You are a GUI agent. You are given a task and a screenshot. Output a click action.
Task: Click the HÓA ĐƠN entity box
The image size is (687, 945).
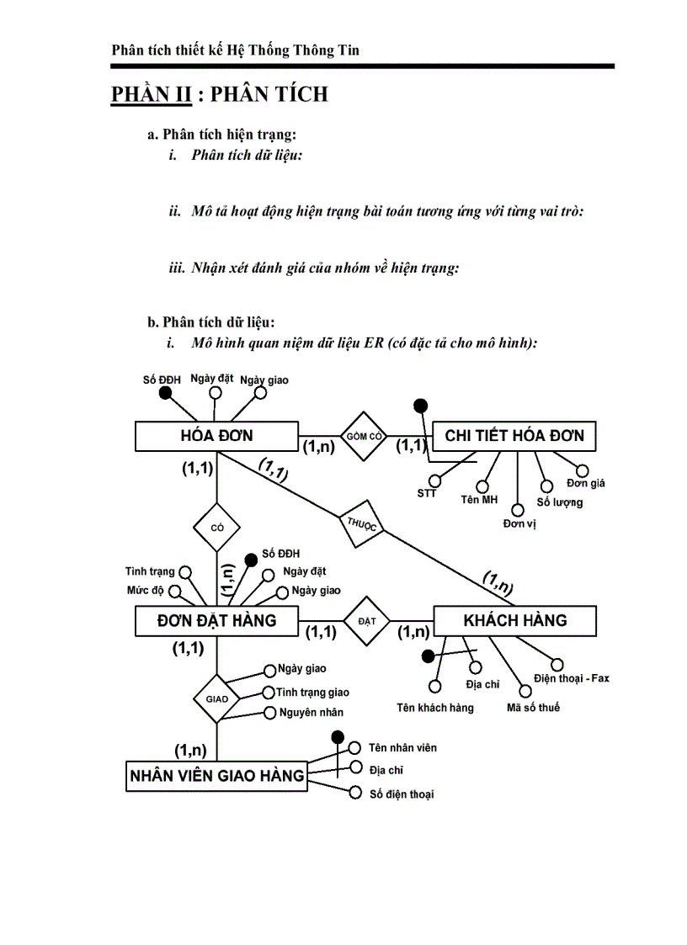[x=216, y=436]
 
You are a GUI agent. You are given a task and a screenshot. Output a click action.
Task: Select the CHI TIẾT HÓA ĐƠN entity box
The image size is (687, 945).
[x=514, y=436]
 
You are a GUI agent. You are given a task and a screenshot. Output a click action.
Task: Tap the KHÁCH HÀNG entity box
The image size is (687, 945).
[x=514, y=621]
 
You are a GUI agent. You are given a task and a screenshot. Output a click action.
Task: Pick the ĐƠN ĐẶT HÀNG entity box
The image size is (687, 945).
[x=216, y=621]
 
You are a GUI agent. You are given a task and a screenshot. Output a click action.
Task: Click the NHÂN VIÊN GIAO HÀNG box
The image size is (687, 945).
[x=216, y=776]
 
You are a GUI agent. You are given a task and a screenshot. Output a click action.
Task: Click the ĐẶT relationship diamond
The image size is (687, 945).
[x=366, y=621]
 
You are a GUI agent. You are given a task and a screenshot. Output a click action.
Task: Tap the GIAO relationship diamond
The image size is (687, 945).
[x=216, y=698]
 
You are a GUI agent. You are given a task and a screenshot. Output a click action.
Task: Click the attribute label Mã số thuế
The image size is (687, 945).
[x=533, y=708]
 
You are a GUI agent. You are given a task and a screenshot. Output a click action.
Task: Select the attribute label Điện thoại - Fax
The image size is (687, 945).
[x=571, y=678]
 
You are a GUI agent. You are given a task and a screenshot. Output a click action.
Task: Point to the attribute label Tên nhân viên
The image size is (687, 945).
[x=402, y=747]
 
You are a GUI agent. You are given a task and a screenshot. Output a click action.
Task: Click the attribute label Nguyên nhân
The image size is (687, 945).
[x=311, y=713]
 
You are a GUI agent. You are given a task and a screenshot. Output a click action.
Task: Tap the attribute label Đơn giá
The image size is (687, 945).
[x=585, y=483]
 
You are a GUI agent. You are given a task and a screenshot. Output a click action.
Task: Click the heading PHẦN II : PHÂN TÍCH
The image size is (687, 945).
[x=219, y=94]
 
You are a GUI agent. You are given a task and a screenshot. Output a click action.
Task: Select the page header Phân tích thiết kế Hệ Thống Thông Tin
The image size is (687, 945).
[x=235, y=50]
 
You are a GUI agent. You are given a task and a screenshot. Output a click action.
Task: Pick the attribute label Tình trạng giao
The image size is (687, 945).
[x=312, y=693]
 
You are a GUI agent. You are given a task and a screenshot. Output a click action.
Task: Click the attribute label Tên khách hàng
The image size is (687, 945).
[x=435, y=708]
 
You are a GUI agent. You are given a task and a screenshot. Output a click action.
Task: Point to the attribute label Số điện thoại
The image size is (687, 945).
[x=402, y=794]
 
